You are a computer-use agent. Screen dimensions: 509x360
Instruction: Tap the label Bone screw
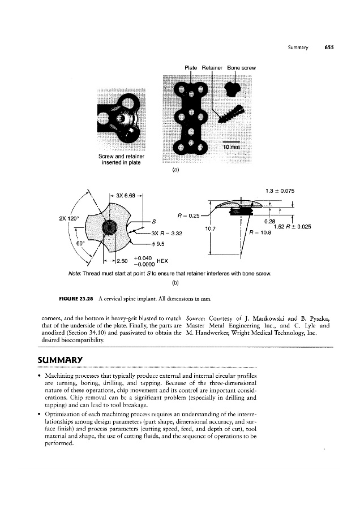tap(242, 68)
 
